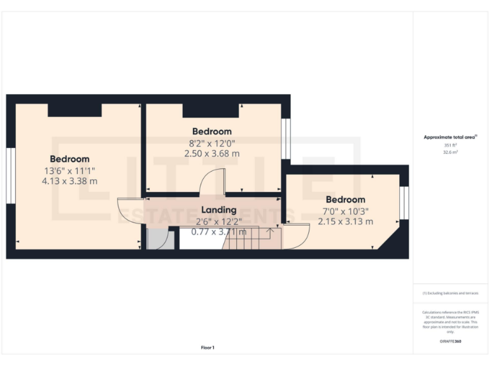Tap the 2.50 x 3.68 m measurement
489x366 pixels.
pyautogui.click(x=212, y=153)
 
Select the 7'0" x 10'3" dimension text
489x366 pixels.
pyautogui.click(x=345, y=211)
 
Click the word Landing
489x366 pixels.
pyautogui.click(x=218, y=210)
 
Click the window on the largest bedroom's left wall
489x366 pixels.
pyautogui.click(x=10, y=176)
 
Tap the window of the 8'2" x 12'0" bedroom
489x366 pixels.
pyautogui.click(x=286, y=139)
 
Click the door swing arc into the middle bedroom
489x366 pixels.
pyautogui.click(x=210, y=181)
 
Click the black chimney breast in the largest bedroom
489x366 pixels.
pyautogui.click(x=74, y=110)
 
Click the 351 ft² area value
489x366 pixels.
pyautogui.click(x=450, y=146)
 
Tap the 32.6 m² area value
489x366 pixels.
pyautogui.click(x=450, y=153)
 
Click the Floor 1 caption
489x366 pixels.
pyautogui.click(x=208, y=348)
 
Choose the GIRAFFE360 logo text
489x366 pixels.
pyautogui.click(x=450, y=341)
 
